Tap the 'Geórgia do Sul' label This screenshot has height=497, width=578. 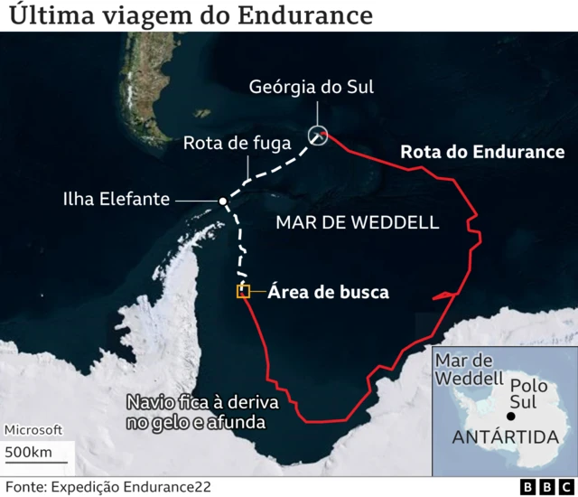312,87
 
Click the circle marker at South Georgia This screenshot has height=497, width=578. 318,136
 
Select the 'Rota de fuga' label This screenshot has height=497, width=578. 237,144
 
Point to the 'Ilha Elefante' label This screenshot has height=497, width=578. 116,199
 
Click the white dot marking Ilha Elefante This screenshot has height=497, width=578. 222,201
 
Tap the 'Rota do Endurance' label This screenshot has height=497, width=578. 482,152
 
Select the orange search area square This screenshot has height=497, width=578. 243,291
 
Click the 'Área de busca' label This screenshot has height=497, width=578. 328,292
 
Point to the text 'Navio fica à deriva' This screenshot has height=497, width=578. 202,402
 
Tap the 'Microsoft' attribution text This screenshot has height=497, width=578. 33,430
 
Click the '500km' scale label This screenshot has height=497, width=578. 27,452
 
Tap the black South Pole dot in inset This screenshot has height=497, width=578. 511,417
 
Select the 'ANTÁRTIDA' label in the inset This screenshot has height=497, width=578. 504,438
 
